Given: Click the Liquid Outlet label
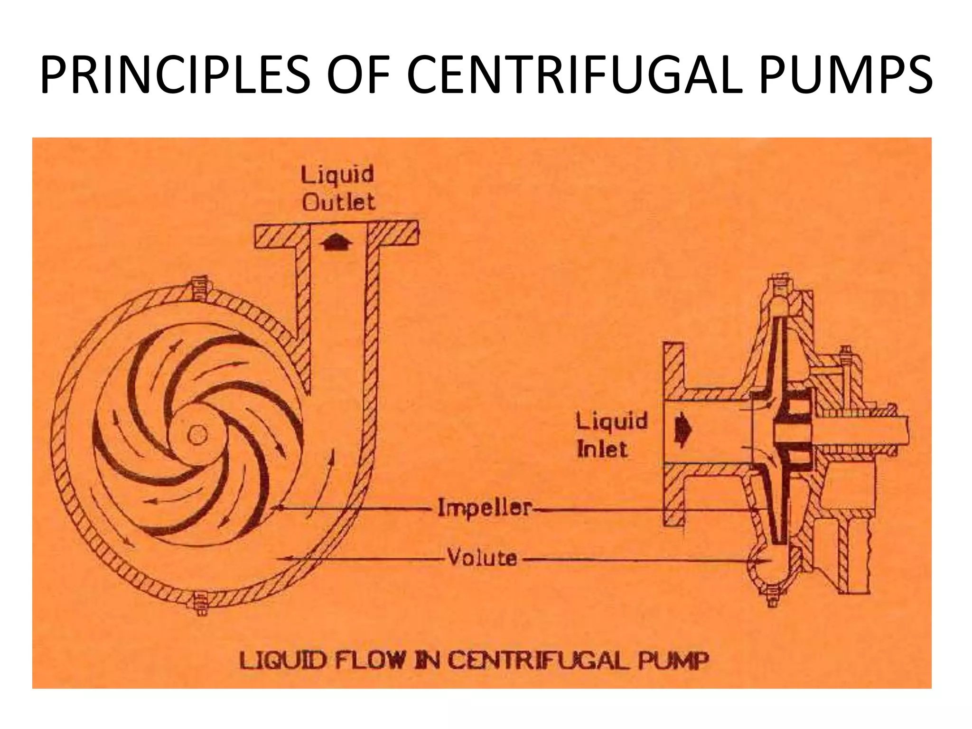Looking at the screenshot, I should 338,188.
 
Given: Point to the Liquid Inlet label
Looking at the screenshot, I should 611,435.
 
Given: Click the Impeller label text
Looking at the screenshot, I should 484,508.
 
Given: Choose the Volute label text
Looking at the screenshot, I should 482,558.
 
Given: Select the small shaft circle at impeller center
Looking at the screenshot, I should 196,435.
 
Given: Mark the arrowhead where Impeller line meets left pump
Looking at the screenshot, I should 277,508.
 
